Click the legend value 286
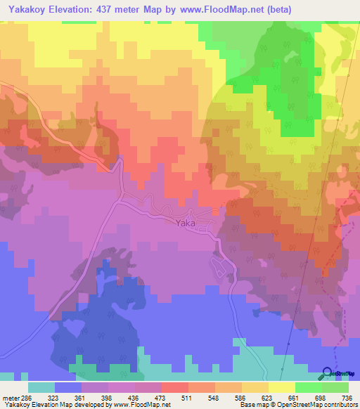(27, 398)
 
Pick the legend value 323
(55, 398)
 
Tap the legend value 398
(108, 398)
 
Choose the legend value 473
(161, 398)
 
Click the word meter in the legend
(9, 398)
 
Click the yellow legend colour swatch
(282, 387)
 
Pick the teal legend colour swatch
(41, 387)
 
